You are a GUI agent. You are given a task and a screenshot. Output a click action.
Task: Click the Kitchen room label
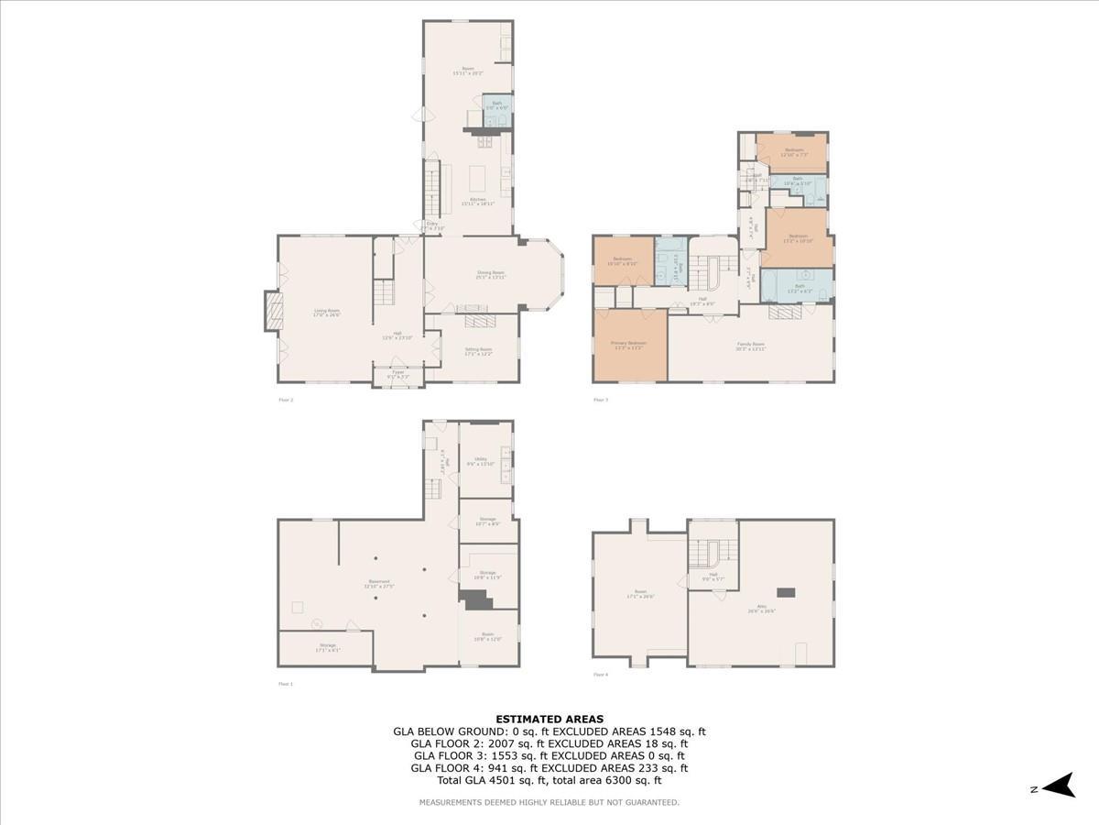coord(477,202)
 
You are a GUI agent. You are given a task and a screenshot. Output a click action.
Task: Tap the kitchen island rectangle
coord(478,175)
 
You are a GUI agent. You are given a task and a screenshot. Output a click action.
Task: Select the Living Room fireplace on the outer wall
coord(272,310)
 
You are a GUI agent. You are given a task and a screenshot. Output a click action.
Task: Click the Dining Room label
coord(491,274)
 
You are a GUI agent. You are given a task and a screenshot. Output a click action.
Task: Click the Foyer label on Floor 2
coord(398,374)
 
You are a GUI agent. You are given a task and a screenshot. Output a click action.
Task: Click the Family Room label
coord(751,346)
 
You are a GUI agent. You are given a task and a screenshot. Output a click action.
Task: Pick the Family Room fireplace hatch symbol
coord(784,313)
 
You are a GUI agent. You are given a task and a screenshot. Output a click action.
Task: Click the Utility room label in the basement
coord(484,461)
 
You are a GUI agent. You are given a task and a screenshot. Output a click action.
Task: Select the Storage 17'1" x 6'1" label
coord(328,647)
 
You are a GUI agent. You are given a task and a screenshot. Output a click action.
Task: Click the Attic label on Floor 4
coord(761,609)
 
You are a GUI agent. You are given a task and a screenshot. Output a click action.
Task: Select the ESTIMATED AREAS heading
coord(549,719)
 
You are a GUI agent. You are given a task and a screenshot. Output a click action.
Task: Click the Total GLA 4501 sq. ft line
coord(549,781)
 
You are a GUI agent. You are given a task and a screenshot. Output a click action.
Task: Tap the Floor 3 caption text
coord(601,400)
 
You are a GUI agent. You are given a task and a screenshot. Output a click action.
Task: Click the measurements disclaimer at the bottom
coord(549,802)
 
